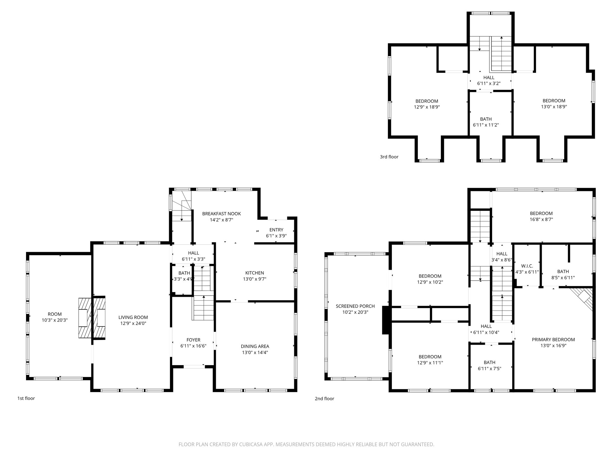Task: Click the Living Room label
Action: coord(133,317)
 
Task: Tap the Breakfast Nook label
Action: coord(221,214)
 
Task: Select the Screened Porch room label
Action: coord(355,306)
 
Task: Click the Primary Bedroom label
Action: coord(553,340)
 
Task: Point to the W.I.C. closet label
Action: coord(527,266)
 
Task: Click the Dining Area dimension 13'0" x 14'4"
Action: coord(255,352)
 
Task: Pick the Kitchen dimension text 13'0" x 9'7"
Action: coord(254,279)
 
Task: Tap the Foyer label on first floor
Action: coord(193,340)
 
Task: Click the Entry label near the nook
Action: coord(276,230)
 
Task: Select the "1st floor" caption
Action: coord(26,398)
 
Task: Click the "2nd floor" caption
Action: coord(324,399)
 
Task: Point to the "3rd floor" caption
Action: coord(389,157)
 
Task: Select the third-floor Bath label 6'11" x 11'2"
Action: coord(486,119)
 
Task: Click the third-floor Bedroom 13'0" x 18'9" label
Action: coord(554,101)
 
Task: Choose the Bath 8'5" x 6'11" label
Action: coord(563,272)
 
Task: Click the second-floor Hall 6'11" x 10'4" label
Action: coord(486,326)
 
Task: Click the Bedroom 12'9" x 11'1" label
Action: coord(430,357)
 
